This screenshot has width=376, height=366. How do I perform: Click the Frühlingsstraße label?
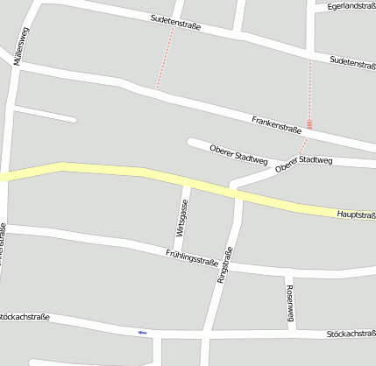[191, 257]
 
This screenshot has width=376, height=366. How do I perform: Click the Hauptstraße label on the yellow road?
[356, 215]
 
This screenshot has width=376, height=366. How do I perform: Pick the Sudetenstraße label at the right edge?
[352, 63]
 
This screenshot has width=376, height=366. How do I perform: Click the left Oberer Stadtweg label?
[238, 154]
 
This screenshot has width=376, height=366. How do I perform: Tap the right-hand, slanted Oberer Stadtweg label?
[304, 163]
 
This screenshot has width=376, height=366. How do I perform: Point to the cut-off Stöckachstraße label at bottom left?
[25, 316]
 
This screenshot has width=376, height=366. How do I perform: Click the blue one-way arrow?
[142, 333]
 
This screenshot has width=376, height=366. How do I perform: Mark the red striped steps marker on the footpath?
[309, 124]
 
